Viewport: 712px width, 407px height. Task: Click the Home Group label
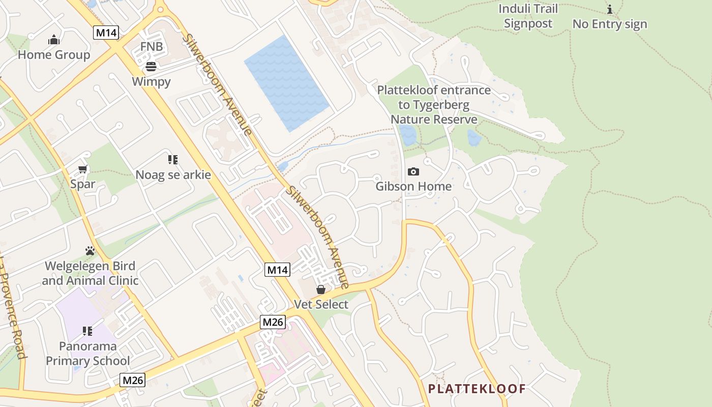point(54,54)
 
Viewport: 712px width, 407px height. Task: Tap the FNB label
point(152,47)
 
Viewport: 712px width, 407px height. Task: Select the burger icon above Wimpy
point(151,66)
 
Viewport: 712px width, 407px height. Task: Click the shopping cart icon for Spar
point(82,169)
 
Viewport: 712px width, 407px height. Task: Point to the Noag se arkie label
point(173,175)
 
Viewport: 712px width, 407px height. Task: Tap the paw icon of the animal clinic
point(90,251)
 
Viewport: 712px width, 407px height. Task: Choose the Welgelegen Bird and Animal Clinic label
point(90,273)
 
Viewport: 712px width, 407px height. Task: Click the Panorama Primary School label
point(88,354)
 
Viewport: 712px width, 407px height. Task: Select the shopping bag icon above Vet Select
point(321,289)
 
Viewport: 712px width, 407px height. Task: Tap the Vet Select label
point(321,304)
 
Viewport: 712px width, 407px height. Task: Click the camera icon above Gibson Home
point(413,171)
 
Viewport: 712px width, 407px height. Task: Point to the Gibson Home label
point(413,186)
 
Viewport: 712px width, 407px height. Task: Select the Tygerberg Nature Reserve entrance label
point(434,105)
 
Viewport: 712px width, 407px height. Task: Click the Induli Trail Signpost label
point(528,16)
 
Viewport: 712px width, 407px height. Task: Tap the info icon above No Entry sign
point(610,9)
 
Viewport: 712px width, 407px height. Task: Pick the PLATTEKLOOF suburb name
point(477,389)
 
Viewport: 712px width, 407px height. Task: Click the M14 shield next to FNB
point(106,33)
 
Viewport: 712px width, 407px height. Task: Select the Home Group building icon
point(54,40)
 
